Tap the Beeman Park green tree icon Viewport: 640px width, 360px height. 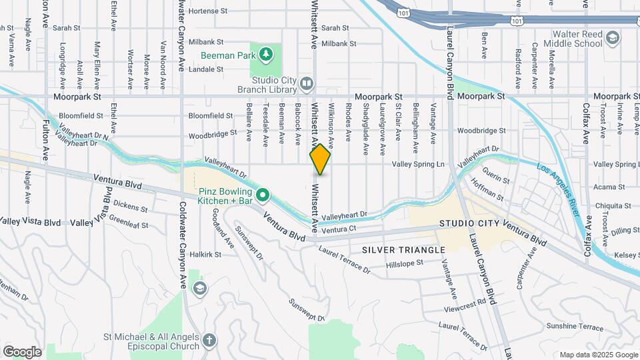coord(266,53)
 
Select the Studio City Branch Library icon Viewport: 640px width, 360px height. coord(306,84)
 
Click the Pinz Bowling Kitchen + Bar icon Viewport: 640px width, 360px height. coord(263,195)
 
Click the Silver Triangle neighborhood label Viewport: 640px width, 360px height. coord(403,249)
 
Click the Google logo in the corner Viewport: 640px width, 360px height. coord(22,351)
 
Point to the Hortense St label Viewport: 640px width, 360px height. coord(208,11)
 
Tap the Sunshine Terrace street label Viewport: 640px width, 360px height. coord(574,327)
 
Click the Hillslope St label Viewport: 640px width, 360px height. coord(405,263)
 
